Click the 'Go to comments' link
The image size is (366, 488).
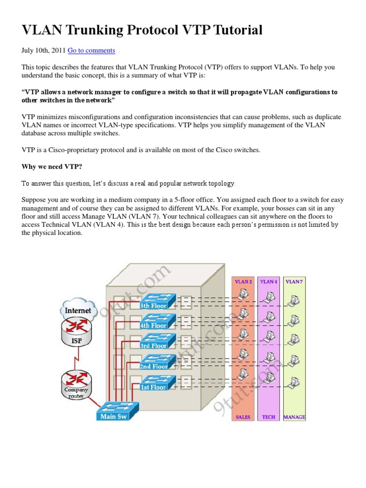point(91,51)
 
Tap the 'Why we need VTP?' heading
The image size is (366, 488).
point(51,167)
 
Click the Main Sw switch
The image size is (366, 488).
point(117,410)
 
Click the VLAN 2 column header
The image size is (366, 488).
point(243,282)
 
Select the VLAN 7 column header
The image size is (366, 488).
point(294,282)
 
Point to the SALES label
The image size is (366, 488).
point(243,417)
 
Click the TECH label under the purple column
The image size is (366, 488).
point(269,417)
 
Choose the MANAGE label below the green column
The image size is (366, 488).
point(294,417)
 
